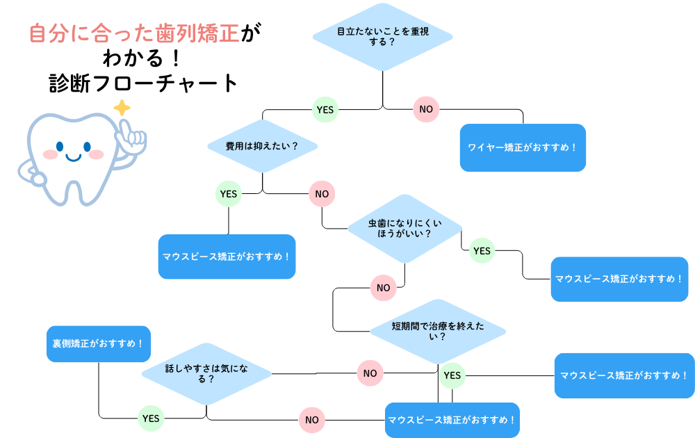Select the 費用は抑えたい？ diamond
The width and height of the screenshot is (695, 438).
tap(262, 146)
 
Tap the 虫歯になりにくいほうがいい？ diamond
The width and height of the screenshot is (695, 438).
tap(404, 229)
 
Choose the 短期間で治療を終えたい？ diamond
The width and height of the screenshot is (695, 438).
tap(438, 331)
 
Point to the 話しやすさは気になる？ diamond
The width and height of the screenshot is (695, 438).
tap(206, 373)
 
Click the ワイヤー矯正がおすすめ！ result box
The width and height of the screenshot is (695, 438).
tap(523, 147)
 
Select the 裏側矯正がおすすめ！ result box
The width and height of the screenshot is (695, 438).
tap(99, 343)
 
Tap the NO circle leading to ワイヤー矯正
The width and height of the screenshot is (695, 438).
tap(426, 109)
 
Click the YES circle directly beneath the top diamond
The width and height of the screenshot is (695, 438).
tap(325, 109)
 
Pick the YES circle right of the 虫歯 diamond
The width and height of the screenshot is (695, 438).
tap(482, 251)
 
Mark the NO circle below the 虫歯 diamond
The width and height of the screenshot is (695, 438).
tap(383, 287)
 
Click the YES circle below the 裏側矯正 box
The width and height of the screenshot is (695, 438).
tap(151, 418)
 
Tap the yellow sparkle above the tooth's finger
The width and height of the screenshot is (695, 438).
tap(122, 108)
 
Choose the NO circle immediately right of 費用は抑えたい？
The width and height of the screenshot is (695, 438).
tap(322, 194)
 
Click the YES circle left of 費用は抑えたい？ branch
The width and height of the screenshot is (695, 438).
tap(229, 194)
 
